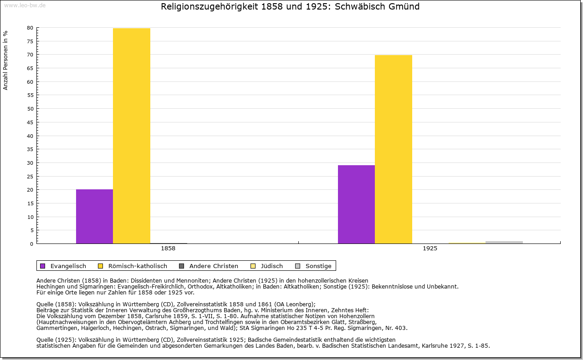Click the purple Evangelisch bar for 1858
tap(94, 216)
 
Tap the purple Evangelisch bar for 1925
tap(356, 204)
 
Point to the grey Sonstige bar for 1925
tap(504, 242)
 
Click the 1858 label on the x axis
tap(168, 249)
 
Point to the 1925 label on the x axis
tap(430, 249)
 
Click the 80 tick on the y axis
tap(30, 28)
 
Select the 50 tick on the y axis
tap(30, 109)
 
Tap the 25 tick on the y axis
tap(30, 176)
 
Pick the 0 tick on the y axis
tap(31, 244)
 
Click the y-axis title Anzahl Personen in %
tap(6, 60)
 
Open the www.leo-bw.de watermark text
tap(25, 5)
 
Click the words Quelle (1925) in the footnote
tap(56, 340)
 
